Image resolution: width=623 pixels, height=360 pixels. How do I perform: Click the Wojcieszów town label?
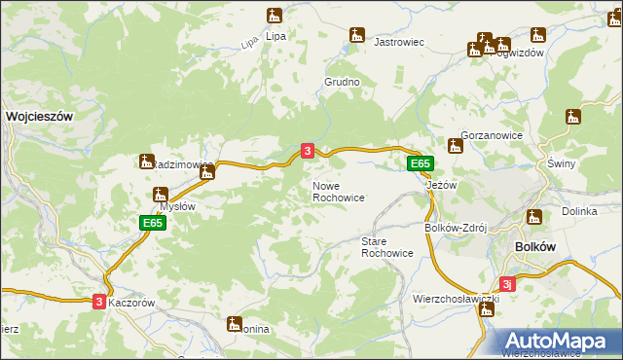click(x=40, y=115)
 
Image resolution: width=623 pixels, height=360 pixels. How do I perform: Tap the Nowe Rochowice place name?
click(x=338, y=192)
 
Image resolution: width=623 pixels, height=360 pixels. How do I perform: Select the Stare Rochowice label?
click(x=386, y=247)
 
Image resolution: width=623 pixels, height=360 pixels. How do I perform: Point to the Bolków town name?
click(x=533, y=247)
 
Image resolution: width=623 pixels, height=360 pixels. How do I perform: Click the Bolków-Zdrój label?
click(x=455, y=228)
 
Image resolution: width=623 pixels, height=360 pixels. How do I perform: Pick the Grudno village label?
click(x=342, y=83)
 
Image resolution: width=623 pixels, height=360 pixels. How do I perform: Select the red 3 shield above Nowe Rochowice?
click(x=308, y=151)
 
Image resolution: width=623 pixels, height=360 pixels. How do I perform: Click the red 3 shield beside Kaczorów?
click(x=99, y=303)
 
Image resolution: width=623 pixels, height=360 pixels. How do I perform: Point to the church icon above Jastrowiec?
click(x=357, y=35)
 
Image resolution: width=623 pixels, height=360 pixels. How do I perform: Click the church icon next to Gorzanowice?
click(x=455, y=146)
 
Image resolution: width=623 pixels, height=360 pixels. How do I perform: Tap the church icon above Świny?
click(x=573, y=118)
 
